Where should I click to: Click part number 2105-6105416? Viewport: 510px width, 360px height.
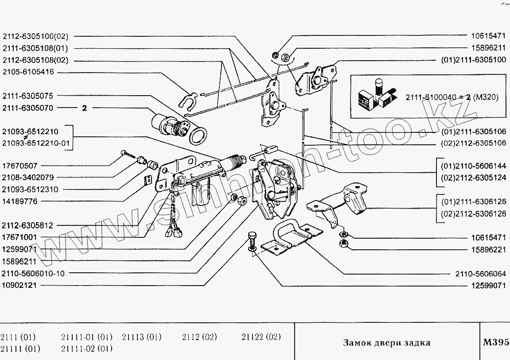point(28,72)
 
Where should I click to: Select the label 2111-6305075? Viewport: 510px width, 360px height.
point(28,96)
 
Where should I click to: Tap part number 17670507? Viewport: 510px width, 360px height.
point(20,166)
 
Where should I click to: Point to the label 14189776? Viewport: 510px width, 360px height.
point(20,201)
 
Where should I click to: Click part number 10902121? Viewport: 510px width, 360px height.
point(20,285)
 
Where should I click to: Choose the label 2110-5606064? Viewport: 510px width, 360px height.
point(480,274)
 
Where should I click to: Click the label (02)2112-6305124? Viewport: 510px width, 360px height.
point(473,177)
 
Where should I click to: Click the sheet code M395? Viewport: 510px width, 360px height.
point(495,342)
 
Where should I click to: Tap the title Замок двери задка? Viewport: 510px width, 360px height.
point(386,343)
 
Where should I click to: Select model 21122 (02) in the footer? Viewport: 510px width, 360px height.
point(261,337)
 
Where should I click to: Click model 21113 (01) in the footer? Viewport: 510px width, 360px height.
point(141,337)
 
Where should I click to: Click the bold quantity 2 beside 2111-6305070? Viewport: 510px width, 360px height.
point(84,108)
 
